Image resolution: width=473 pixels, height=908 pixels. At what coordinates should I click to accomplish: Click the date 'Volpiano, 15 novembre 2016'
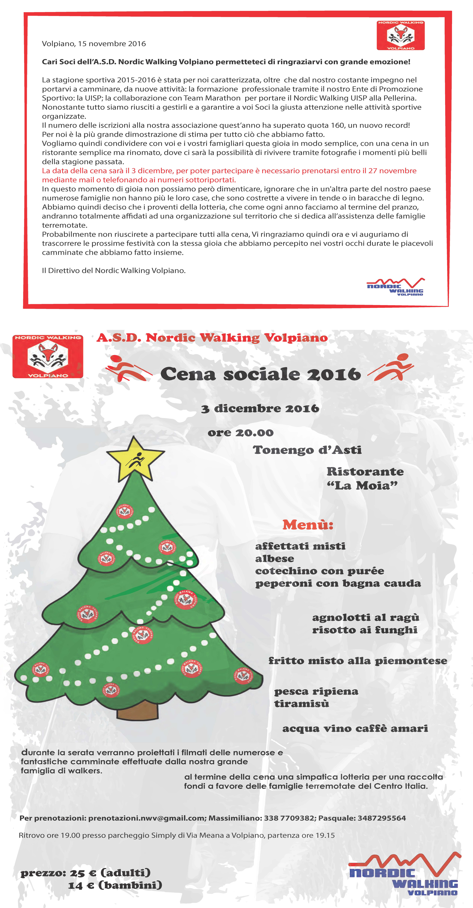pyautogui.click(x=94, y=44)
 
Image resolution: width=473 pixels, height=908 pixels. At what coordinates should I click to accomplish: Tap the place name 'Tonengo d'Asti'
pyautogui.click(x=307, y=450)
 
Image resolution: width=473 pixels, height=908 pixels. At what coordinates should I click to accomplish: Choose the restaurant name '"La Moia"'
pyautogui.click(x=362, y=486)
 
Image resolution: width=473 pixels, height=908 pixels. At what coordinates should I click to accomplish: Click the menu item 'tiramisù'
pyautogui.click(x=301, y=704)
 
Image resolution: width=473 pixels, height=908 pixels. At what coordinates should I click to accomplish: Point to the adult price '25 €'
pyautogui.click(x=83, y=873)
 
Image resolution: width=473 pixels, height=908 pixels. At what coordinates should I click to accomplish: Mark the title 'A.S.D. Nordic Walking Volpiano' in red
pyautogui.click(x=212, y=338)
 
